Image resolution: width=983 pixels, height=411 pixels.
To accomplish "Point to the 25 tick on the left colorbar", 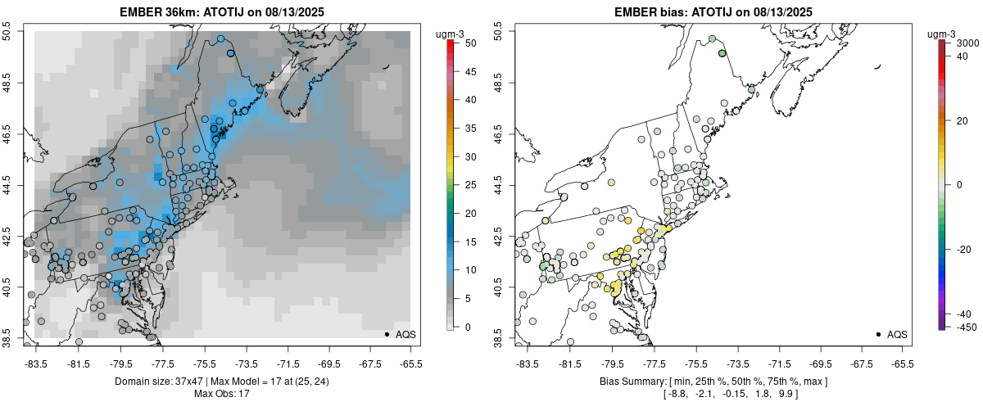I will (x=464, y=184).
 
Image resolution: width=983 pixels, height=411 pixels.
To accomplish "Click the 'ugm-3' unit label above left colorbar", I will (x=451, y=34).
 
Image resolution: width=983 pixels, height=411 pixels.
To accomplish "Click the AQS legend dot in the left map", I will (x=386, y=334).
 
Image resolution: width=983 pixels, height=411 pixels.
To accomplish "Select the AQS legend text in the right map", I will (x=898, y=334).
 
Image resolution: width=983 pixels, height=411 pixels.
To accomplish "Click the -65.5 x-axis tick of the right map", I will (x=902, y=364).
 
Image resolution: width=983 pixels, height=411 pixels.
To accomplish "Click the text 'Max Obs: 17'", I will (x=221, y=394).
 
